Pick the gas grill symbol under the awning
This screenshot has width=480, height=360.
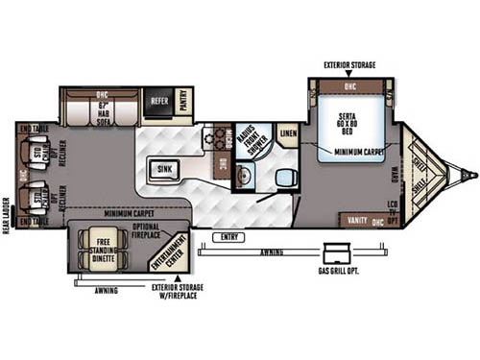pyautogui.click(x=336, y=252)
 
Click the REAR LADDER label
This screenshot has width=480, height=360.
pyautogui.click(x=7, y=217)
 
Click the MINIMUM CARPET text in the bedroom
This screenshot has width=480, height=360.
pyautogui.click(x=361, y=151)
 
